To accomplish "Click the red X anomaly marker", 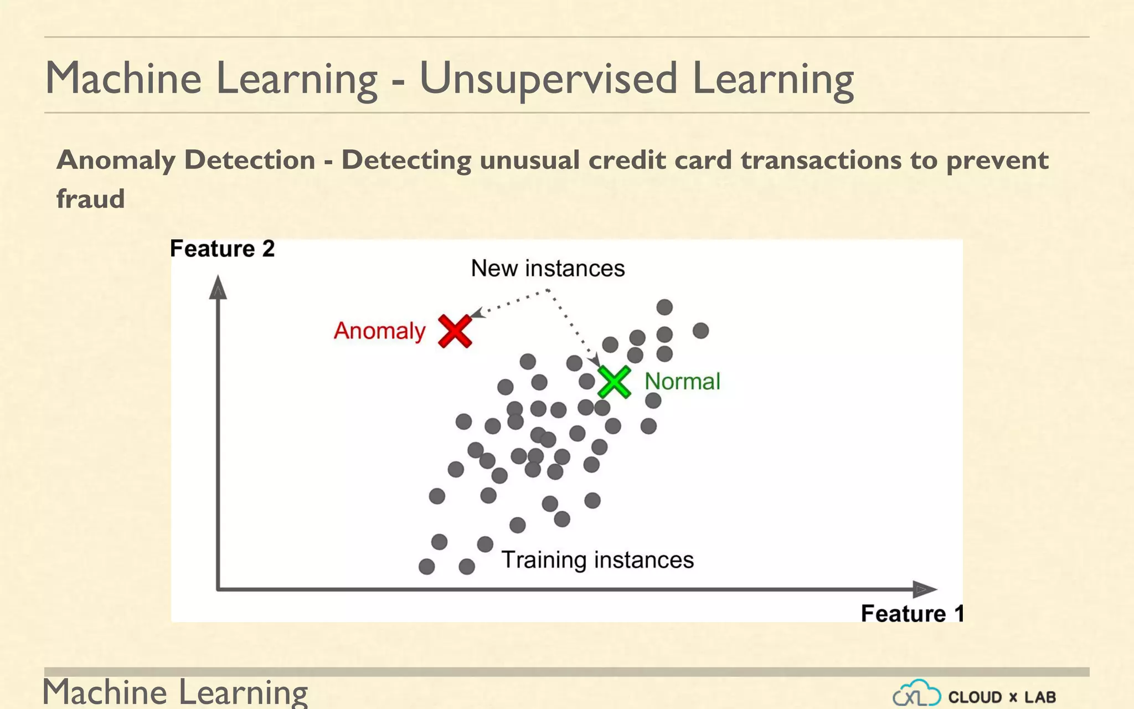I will [x=455, y=331].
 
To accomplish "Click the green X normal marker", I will [x=614, y=382].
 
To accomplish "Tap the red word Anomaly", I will [x=379, y=331].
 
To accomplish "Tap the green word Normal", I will [x=682, y=382].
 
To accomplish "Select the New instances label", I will [x=548, y=268].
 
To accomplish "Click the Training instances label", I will [x=597, y=559].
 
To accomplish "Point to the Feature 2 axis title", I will [x=222, y=249].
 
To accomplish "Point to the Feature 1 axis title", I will [x=912, y=613].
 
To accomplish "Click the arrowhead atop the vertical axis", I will [x=218, y=288].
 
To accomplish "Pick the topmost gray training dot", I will [x=664, y=307].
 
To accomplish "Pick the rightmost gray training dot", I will [x=700, y=331].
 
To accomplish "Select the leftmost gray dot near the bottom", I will [x=426, y=566].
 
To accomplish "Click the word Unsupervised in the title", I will [x=548, y=79].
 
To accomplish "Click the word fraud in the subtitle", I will [x=91, y=198].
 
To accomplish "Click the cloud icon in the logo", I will [x=917, y=693].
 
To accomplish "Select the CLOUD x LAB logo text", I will [x=1002, y=697].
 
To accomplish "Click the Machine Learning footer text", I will [x=175, y=692].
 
